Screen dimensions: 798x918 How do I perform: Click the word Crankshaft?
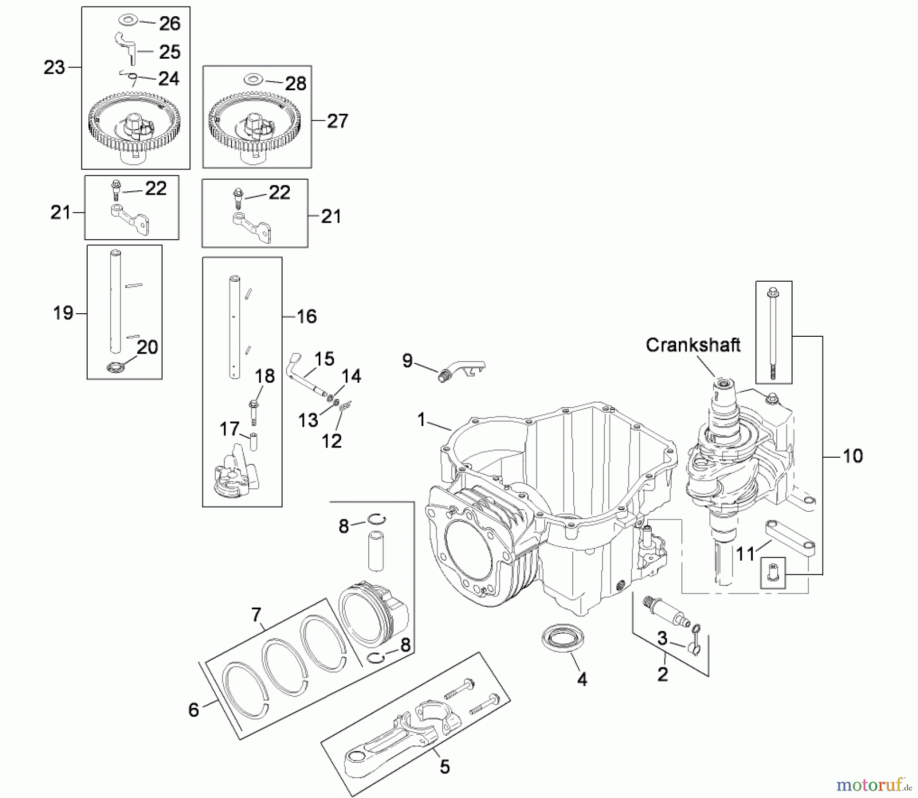pos(693,345)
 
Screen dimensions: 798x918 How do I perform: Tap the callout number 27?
pos(337,121)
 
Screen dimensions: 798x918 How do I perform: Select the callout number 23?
pos(54,67)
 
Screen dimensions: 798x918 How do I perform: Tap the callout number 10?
pos(852,456)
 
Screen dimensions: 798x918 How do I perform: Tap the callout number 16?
pos(307,316)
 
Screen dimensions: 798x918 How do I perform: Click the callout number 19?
pos(63,313)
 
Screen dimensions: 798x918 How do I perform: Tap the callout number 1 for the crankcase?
pos(421,419)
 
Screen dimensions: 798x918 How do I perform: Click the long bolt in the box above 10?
pos(773,332)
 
